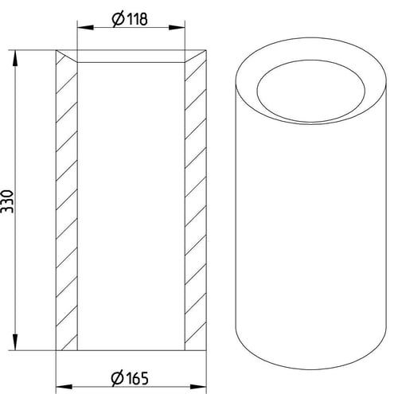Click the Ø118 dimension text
coord(130,19)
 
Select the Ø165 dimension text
coord(130,378)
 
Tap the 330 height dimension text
coord(7,201)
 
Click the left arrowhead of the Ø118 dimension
coord(85,28)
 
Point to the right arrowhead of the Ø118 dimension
coord(177,28)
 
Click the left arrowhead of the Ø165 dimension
coord(64,387)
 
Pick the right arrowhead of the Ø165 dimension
coord(198,387)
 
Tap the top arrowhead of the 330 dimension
coord(15,58)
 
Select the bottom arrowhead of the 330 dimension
coord(15,342)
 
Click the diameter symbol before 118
coord(118,20)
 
